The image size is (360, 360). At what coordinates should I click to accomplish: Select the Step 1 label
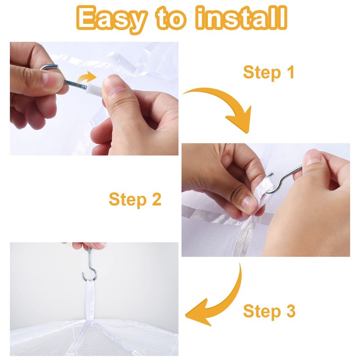(269, 72)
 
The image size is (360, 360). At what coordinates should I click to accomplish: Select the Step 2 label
(135, 199)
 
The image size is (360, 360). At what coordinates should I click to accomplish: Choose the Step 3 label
(269, 311)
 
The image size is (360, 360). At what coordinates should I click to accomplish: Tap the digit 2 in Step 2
(155, 199)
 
